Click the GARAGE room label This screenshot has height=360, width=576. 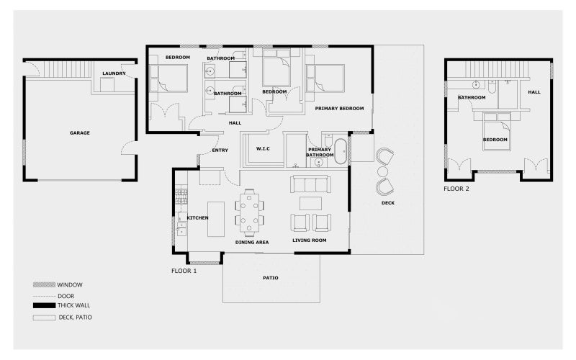[80, 133]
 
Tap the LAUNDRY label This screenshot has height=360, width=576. [114, 73]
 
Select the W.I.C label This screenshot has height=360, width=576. [263, 149]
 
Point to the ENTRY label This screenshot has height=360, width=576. [220, 150]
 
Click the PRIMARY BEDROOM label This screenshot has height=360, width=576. [339, 109]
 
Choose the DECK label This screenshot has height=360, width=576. [388, 203]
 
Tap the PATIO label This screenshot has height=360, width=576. [271, 278]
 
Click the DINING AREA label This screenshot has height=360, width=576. [252, 243]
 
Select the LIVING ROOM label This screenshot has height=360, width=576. [310, 240]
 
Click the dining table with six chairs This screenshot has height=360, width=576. [250, 212]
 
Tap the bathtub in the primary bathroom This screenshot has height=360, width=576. [340, 150]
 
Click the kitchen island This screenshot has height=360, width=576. [216, 219]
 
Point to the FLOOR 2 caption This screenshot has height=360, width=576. [456, 189]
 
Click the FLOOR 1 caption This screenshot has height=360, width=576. [184, 271]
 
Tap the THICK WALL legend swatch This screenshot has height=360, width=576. [44, 305]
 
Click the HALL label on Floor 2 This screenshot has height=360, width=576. [534, 92]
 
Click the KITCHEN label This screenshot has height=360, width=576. [198, 217]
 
